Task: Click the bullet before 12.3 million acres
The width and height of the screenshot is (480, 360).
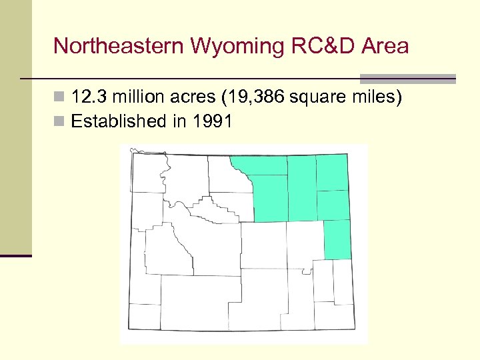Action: click(x=59, y=99)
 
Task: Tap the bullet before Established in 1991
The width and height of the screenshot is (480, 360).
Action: click(x=59, y=122)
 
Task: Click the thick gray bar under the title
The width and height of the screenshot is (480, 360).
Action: click(x=408, y=78)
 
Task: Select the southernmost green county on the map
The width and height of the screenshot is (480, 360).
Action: click(x=337, y=239)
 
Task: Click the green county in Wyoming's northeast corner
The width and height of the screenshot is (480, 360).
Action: click(x=333, y=172)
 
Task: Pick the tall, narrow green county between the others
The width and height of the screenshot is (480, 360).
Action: click(x=301, y=188)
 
